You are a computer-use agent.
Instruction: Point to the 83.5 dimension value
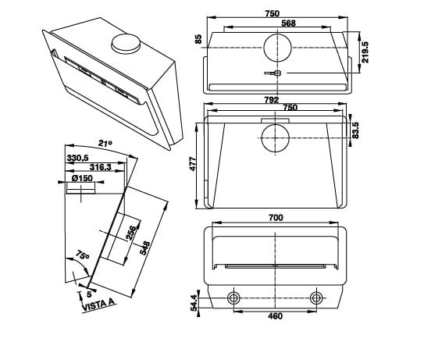tap(355, 130)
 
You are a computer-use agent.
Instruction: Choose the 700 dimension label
tap(275, 217)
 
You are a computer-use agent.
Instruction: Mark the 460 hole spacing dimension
tap(275, 316)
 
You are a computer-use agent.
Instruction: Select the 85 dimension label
tap(199, 39)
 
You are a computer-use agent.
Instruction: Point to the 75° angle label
tap(83, 256)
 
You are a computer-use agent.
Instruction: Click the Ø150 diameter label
tap(83, 178)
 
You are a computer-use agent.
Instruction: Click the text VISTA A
tap(98, 303)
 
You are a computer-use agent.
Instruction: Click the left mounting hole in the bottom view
tap(233, 298)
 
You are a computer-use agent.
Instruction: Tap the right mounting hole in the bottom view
tap(316, 298)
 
